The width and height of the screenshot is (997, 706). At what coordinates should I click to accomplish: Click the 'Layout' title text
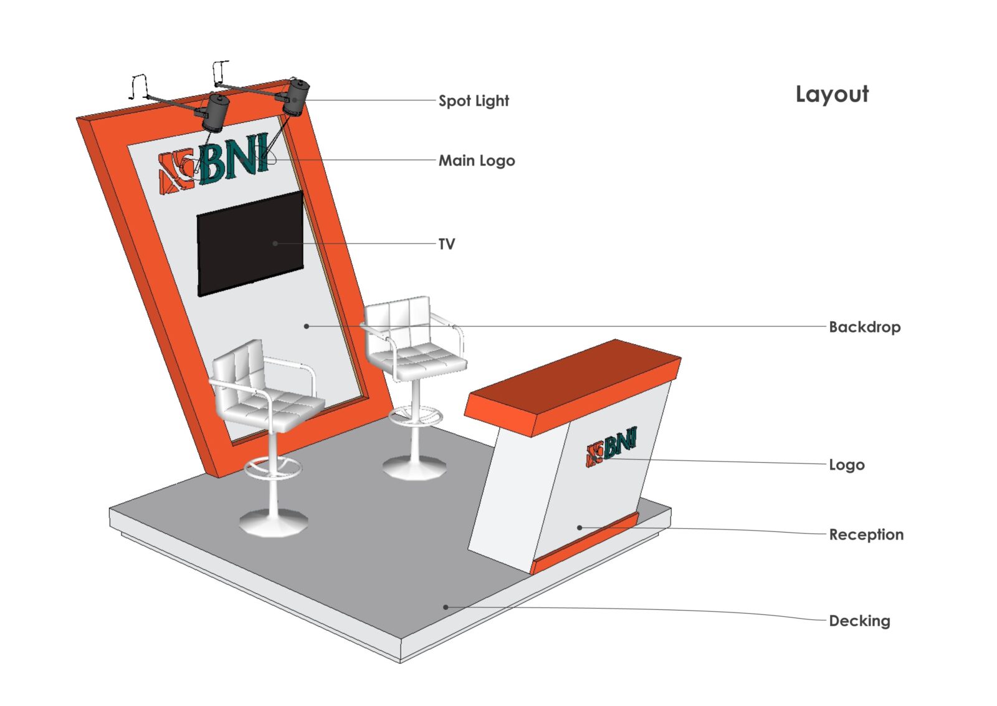831,94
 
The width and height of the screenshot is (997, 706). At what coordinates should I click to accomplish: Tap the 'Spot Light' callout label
474,101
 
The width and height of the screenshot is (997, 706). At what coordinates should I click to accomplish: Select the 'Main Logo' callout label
477,161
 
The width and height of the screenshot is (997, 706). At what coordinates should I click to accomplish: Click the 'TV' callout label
447,244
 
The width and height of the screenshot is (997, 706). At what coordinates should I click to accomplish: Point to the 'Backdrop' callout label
864,327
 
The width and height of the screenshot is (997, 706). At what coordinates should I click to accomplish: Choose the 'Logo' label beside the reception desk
846,465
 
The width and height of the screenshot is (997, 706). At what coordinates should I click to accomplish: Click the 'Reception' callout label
866,534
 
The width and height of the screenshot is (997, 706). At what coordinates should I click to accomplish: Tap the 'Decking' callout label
859,621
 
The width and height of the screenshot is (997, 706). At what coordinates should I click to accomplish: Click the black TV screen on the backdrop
249,244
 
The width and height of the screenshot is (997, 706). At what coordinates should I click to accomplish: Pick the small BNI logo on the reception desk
611,447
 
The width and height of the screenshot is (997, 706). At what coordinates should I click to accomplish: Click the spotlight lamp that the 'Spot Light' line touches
296,97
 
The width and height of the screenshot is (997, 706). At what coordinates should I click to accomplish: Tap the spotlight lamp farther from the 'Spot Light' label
215,112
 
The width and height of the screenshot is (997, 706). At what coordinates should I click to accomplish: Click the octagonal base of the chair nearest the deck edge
273,523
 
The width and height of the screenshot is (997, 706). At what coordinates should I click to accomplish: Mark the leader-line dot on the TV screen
275,243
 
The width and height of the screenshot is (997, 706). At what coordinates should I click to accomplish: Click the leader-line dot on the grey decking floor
446,607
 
